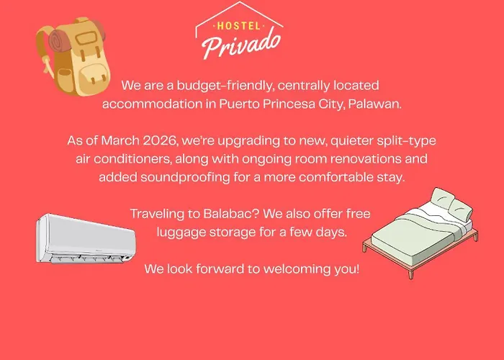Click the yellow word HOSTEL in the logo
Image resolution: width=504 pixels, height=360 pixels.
239,25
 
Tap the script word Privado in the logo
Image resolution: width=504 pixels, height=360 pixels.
241,45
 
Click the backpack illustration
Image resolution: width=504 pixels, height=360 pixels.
73,57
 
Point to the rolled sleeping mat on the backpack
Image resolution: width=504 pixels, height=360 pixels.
60,41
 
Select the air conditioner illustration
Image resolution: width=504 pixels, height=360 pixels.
86,239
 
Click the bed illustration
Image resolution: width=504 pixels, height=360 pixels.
420,233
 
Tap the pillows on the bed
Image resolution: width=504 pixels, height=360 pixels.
451,203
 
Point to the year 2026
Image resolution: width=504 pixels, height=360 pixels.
161,141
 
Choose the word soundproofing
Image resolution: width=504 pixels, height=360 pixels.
185,177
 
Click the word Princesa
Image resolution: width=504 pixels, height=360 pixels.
289,104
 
